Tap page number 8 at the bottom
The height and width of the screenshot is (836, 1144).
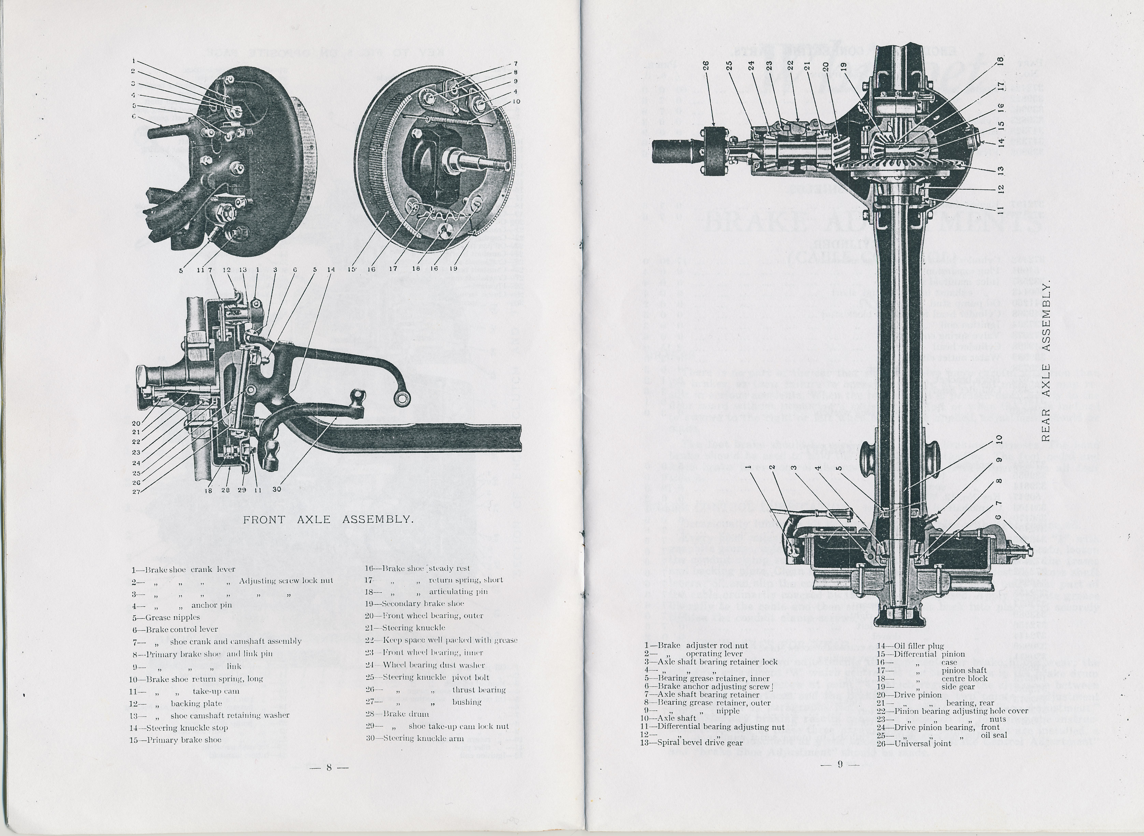click(x=328, y=767)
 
